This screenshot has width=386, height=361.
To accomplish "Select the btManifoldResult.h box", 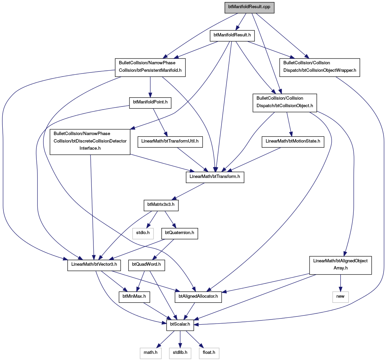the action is point(232,36).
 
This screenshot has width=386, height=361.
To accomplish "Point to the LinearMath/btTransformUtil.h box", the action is point(170,142).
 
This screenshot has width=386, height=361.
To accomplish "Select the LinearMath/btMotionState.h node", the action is point(293,142).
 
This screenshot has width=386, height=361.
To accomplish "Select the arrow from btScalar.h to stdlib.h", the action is point(180,339).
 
